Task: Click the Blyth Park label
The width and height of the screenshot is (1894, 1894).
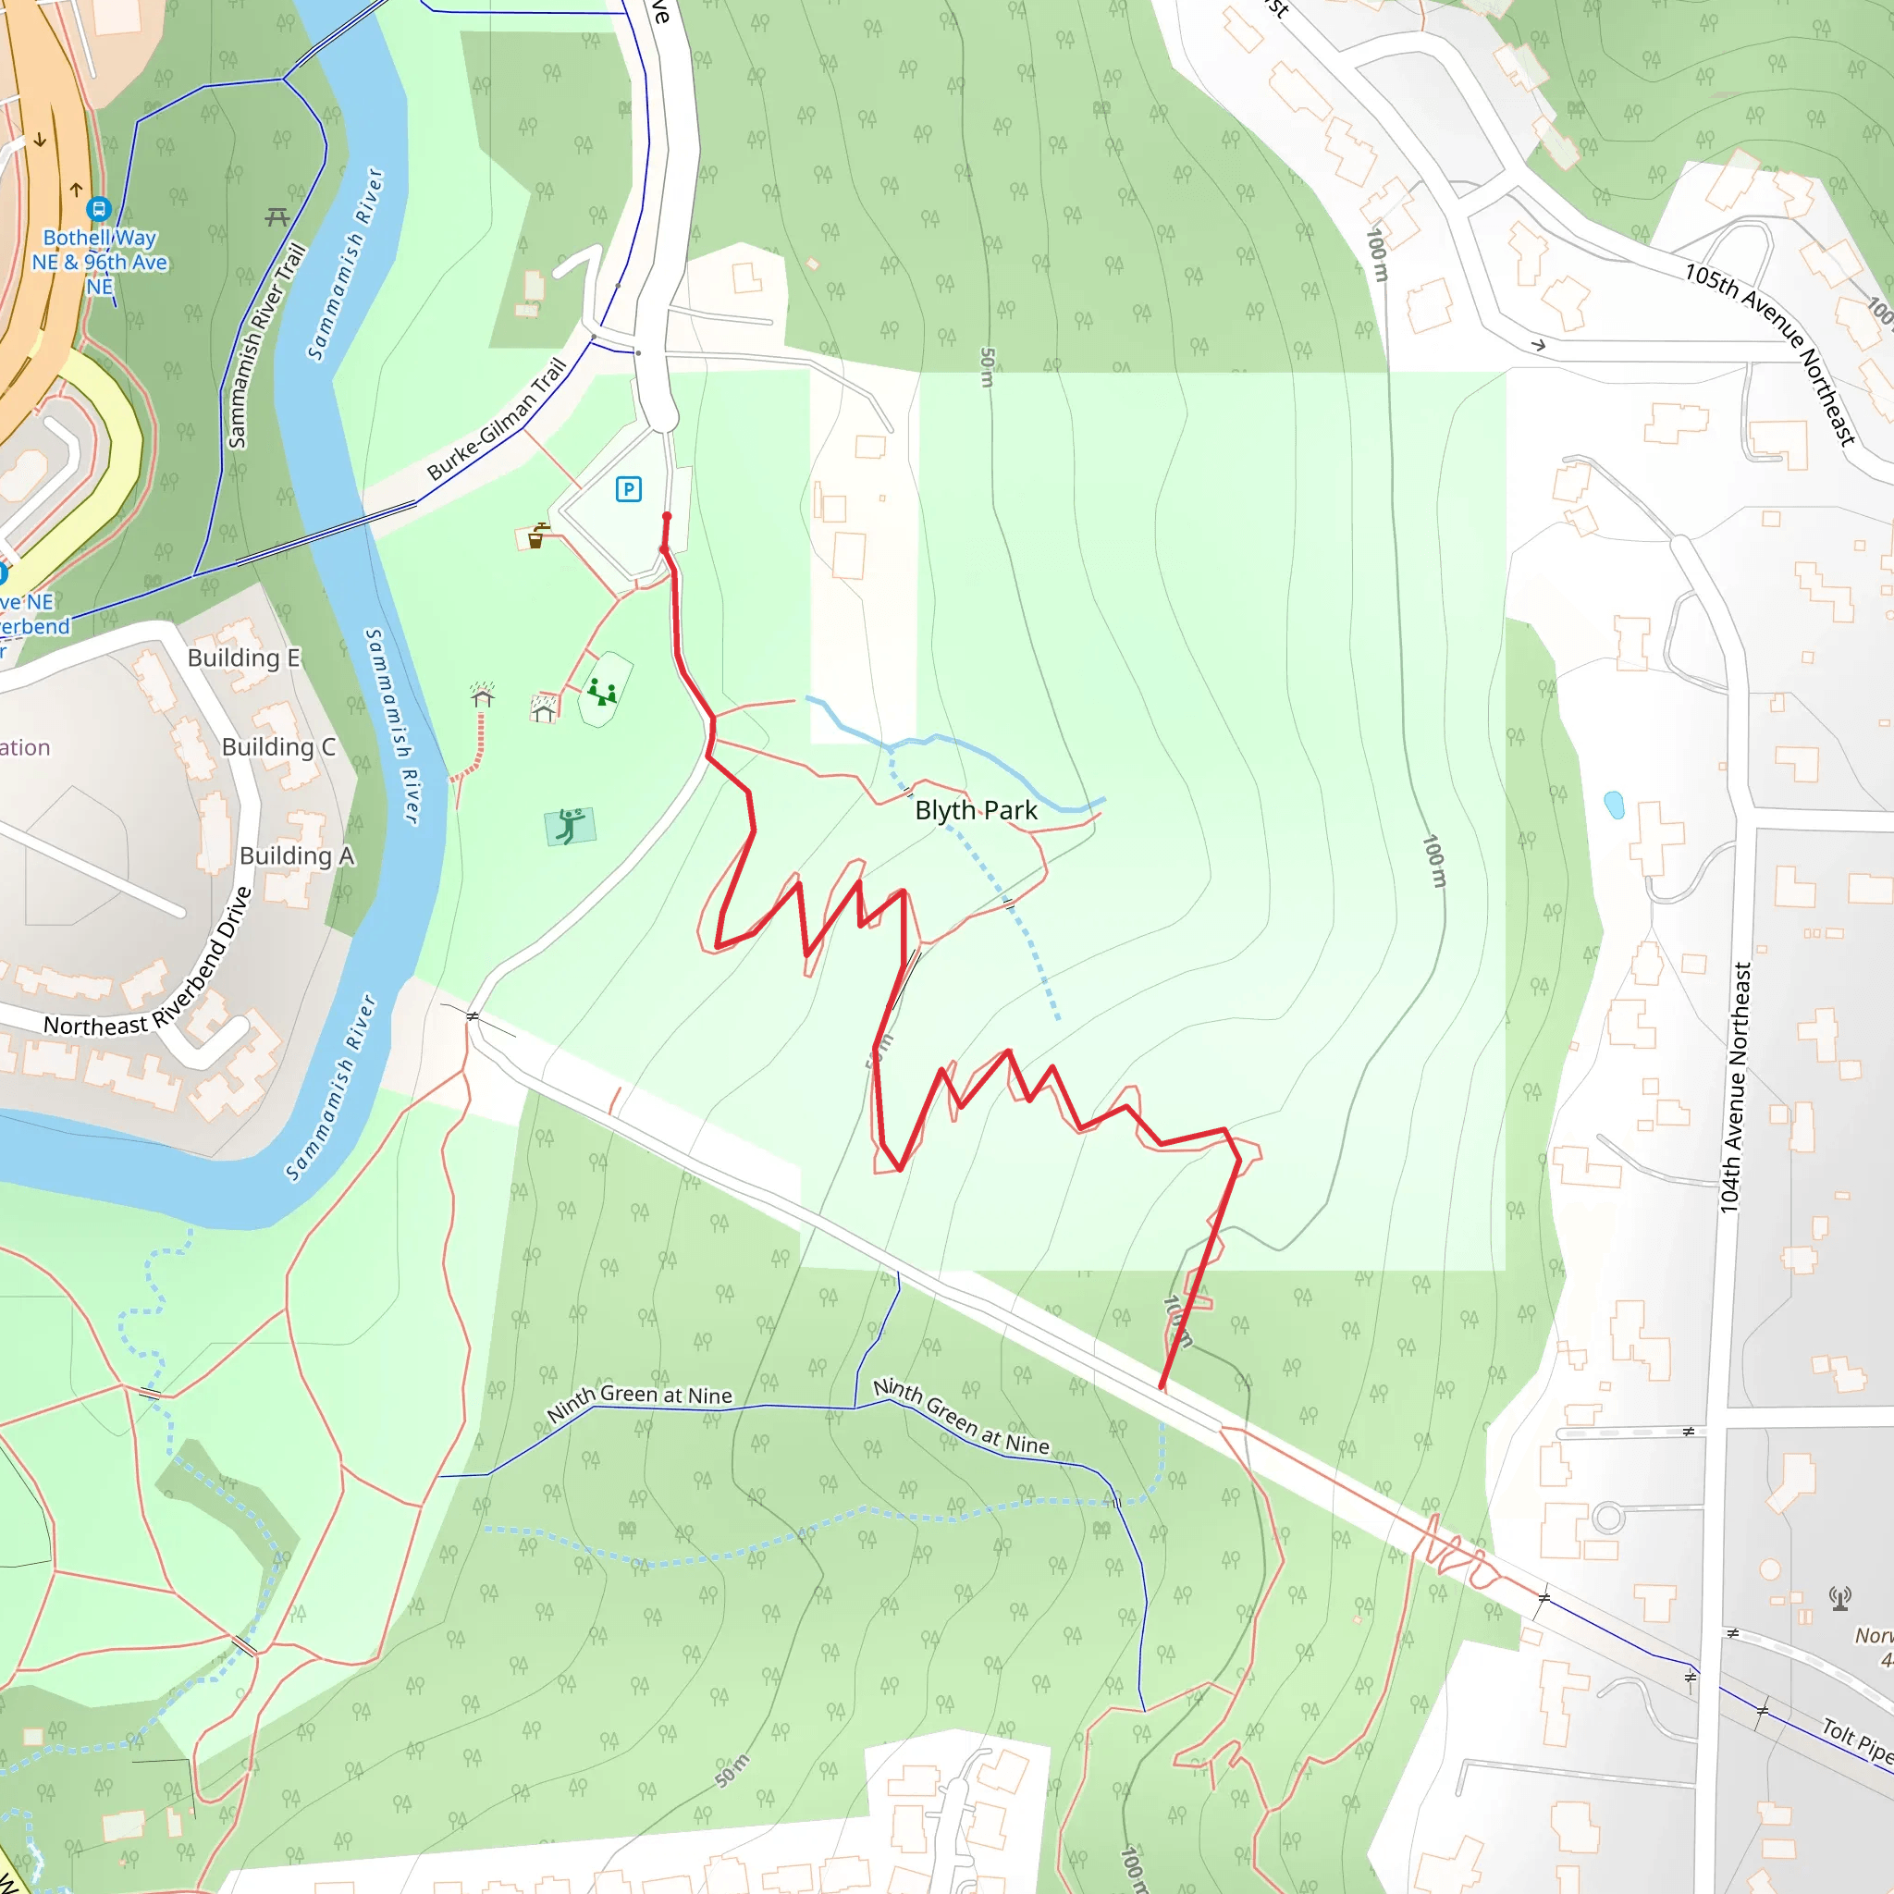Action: (976, 811)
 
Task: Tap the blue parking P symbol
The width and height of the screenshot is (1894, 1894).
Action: (628, 488)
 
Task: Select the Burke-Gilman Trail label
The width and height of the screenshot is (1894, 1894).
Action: (497, 420)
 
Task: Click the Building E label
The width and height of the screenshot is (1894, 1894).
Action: (243, 658)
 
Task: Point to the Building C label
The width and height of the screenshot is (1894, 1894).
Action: (278, 747)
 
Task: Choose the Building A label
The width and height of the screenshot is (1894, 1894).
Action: (296, 855)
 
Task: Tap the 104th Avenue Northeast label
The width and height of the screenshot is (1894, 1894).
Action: (1737, 1088)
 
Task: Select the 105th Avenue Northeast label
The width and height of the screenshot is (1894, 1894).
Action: (1769, 353)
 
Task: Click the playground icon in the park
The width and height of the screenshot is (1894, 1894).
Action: (602, 693)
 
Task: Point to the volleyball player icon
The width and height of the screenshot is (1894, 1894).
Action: (570, 826)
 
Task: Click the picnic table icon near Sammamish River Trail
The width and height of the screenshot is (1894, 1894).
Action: (277, 216)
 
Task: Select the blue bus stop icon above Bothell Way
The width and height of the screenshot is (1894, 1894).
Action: (99, 208)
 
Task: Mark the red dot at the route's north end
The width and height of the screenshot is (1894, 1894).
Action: (667, 517)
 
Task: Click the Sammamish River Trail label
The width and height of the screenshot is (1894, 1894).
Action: (265, 346)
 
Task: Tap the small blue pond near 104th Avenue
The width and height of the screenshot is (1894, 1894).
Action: (1614, 805)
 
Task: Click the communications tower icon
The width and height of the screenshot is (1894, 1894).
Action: (1840, 1599)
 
